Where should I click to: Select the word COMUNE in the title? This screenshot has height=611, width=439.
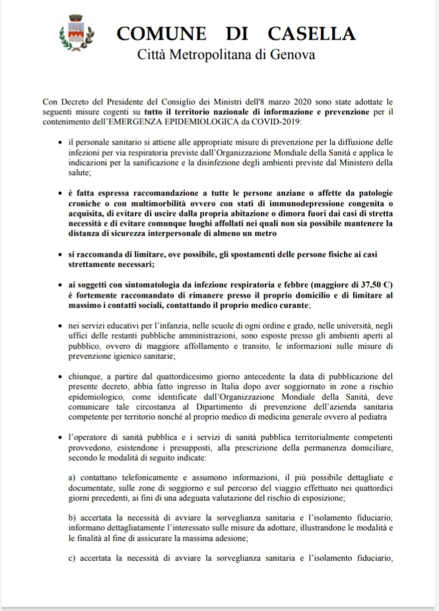pos(157,33)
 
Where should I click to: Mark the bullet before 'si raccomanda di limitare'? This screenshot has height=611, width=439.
pos(61,254)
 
